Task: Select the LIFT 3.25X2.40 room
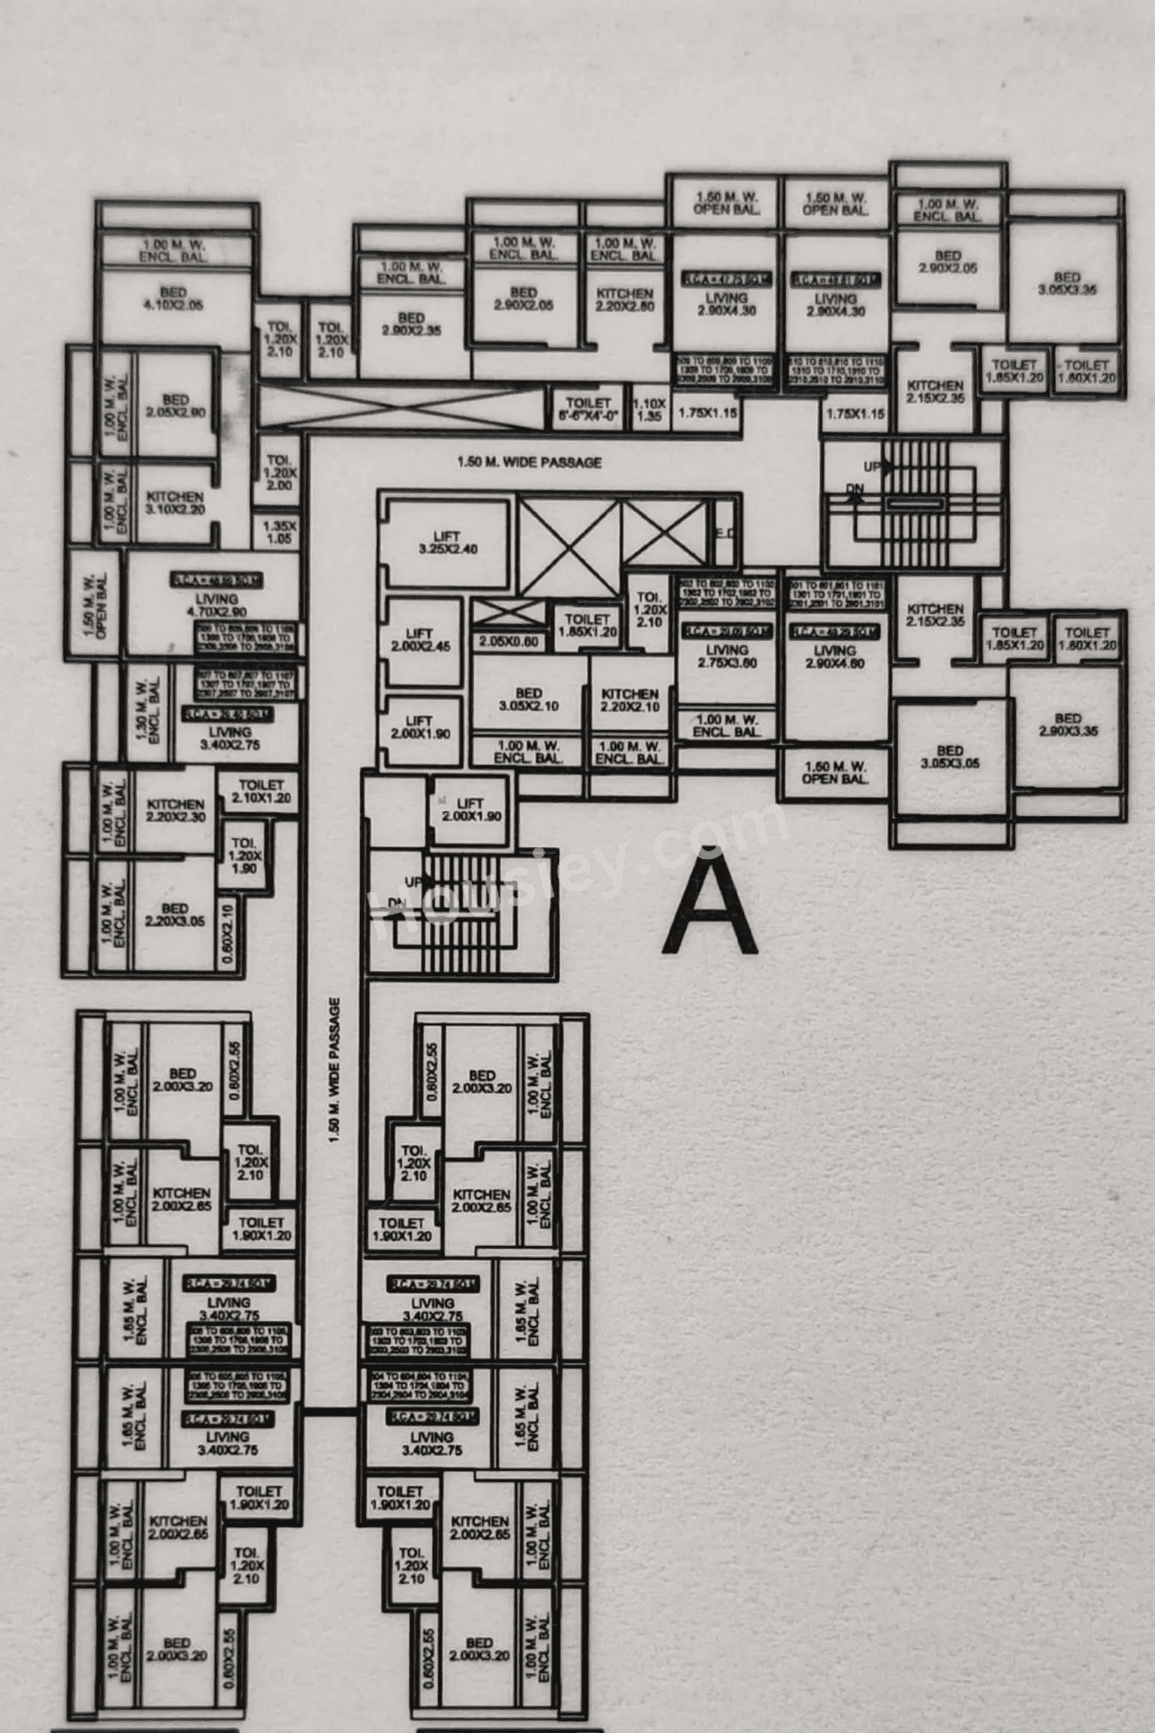(x=446, y=543)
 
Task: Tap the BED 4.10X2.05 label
(x=174, y=298)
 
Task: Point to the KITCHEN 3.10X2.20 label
(x=174, y=503)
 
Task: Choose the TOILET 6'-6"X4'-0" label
(x=588, y=410)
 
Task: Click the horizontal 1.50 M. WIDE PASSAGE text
(x=529, y=462)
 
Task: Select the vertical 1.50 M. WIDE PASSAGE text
(x=334, y=1071)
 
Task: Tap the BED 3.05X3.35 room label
(x=1066, y=283)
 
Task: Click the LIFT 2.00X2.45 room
(x=422, y=640)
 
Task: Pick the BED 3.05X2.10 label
(x=528, y=699)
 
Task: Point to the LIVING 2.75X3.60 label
(x=727, y=656)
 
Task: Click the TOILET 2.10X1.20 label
(x=261, y=791)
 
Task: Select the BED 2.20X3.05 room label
(x=174, y=915)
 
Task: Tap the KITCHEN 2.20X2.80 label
(x=624, y=299)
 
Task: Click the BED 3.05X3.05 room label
(x=950, y=757)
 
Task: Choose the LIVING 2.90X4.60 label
(x=834, y=657)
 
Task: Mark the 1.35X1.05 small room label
(x=280, y=532)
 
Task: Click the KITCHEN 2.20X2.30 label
(x=176, y=810)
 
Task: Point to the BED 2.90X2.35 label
(x=411, y=324)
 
